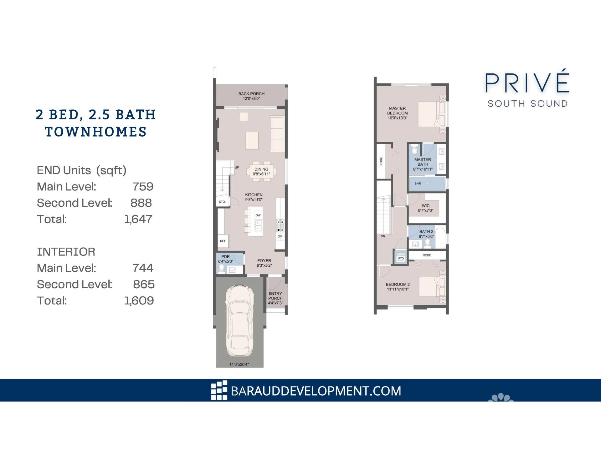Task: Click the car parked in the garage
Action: point(239,321)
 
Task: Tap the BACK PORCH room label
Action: point(251,94)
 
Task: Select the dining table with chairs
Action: point(261,171)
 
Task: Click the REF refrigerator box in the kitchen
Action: point(223,241)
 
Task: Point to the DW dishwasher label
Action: point(258,215)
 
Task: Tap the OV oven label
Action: point(280,236)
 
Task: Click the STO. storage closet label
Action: point(222,202)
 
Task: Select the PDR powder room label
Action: point(225,257)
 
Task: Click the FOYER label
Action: point(264,260)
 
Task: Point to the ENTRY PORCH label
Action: point(275,296)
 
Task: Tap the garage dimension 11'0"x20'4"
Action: point(239,364)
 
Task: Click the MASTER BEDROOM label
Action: point(398,111)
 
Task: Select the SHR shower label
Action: point(418,184)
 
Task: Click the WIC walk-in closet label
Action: point(425,206)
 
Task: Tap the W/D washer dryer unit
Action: point(401,258)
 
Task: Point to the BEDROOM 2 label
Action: point(398,285)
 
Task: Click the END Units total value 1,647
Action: point(138,219)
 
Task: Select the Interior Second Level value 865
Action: point(144,284)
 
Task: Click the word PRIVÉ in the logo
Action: point(527,83)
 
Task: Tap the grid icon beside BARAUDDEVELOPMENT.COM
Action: point(219,390)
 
